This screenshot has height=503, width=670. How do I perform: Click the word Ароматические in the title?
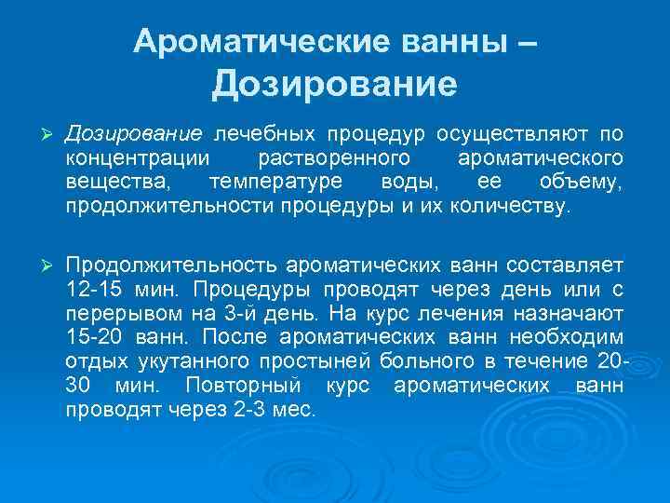[236, 40]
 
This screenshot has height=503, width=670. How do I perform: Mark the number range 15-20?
[92, 337]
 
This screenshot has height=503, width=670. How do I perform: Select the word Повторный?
[243, 386]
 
